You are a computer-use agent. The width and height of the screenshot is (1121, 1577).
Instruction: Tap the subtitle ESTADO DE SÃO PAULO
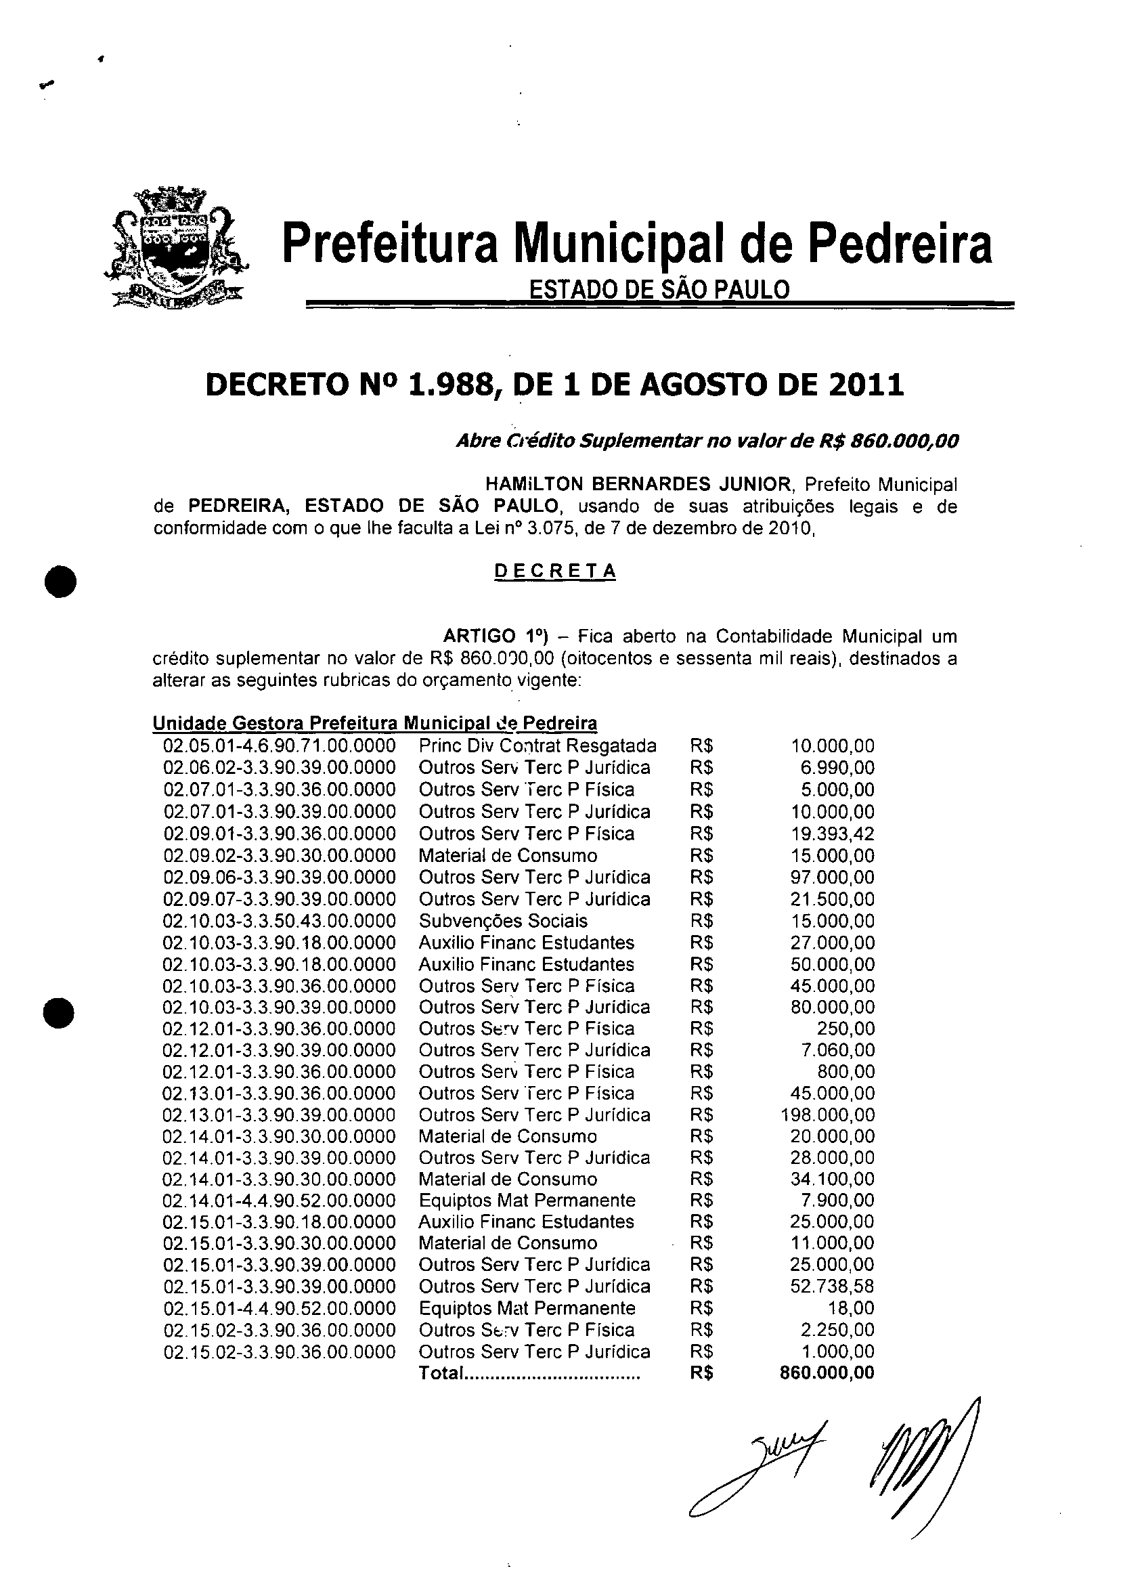click(x=659, y=288)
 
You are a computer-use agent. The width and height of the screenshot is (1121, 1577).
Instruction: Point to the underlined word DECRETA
click(x=556, y=571)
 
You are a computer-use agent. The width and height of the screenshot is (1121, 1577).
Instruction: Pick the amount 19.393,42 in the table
click(x=832, y=834)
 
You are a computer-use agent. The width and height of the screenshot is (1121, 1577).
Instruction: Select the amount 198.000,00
click(x=827, y=1115)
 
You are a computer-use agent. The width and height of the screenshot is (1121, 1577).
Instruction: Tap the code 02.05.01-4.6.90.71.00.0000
click(x=280, y=746)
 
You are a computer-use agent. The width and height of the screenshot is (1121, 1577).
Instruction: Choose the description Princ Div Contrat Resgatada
click(x=537, y=746)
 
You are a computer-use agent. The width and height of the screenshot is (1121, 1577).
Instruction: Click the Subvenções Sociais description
click(x=502, y=921)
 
